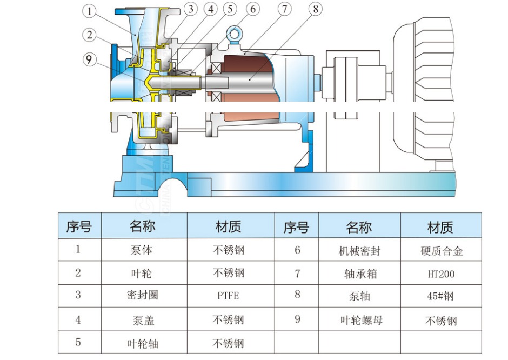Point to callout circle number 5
[x=230, y=9]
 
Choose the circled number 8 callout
[x=316, y=9]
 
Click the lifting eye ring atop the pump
[x=235, y=34]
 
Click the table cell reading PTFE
[x=228, y=296]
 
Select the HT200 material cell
[x=440, y=274]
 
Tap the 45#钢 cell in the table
[x=440, y=296]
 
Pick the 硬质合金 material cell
[x=440, y=251]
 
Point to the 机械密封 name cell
[x=359, y=251]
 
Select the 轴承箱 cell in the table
[x=359, y=274]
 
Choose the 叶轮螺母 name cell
[x=359, y=320]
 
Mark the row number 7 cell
[x=297, y=274]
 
